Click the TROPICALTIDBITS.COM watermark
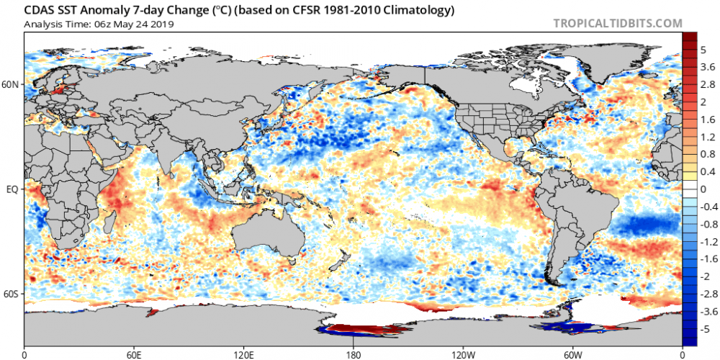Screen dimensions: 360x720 [617, 23]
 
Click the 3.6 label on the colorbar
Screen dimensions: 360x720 [708, 67]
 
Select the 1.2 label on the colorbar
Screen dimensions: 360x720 [708, 136]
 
